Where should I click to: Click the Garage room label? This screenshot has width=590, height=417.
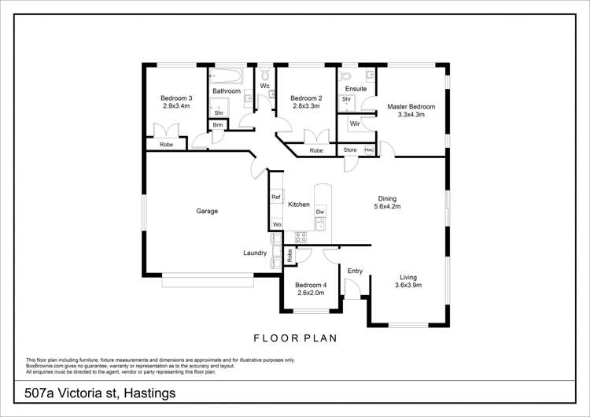point(207,211)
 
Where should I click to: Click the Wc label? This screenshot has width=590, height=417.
point(266,84)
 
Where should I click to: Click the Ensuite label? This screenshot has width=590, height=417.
point(356,89)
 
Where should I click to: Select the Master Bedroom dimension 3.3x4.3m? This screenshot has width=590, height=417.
point(411,115)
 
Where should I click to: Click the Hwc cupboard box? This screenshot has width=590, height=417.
point(368,149)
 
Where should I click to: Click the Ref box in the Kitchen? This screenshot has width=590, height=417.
point(276,197)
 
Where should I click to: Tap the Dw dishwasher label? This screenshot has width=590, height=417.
point(320,212)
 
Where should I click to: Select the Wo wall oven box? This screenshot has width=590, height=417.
point(277,224)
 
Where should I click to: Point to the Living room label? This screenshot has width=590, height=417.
point(407,277)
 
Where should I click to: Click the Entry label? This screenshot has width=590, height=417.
point(355,271)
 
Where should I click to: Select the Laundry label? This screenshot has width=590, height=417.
point(255,253)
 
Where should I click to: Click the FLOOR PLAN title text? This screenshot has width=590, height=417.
point(295,338)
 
